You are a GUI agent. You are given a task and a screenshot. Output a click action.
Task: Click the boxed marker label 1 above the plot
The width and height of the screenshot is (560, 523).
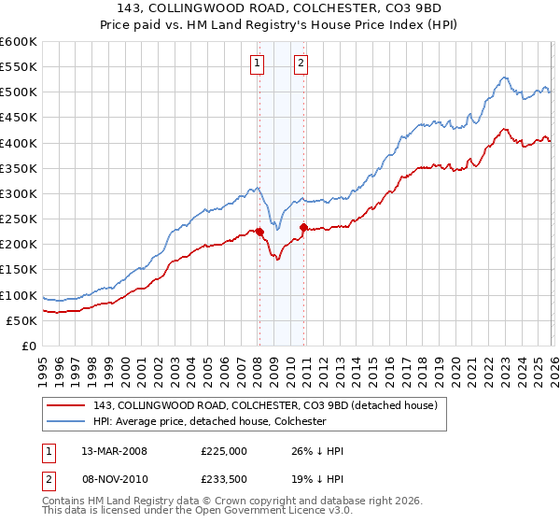257,64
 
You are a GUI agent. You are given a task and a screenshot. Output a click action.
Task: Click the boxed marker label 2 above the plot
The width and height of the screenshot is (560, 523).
301,64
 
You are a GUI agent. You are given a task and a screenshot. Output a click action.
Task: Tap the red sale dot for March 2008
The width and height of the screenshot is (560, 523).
259,232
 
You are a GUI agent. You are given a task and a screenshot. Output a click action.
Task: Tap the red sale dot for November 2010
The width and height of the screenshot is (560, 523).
303,227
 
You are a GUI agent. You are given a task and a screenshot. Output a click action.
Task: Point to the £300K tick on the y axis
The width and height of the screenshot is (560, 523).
20,193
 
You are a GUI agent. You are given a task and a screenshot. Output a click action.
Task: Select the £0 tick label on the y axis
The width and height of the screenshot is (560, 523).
31,346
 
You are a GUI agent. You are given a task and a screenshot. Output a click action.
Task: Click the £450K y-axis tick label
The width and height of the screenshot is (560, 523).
20,117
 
